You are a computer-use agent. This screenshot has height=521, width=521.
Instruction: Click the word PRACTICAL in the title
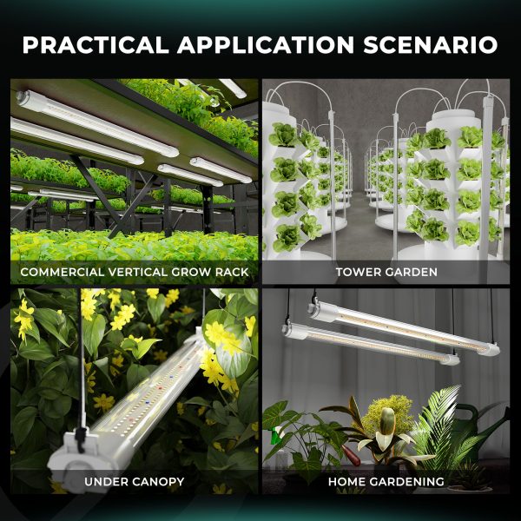coord(96,44)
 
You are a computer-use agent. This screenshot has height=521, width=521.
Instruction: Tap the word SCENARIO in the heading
coord(431,44)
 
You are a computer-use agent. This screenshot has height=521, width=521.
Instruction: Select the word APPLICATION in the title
coord(266,44)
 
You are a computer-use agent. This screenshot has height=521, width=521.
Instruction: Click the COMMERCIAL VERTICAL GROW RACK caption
coord(135,272)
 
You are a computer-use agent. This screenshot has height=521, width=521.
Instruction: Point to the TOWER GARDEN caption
coord(386,272)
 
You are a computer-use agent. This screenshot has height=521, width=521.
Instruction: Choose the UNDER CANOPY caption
coord(135,481)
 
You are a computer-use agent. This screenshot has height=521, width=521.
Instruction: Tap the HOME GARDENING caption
coord(386,481)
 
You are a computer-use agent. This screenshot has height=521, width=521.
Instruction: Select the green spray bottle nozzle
coord(276,435)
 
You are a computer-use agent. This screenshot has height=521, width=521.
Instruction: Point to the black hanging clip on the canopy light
coord(81,439)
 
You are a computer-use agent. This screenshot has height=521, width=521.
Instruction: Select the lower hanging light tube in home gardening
coord(371,344)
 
